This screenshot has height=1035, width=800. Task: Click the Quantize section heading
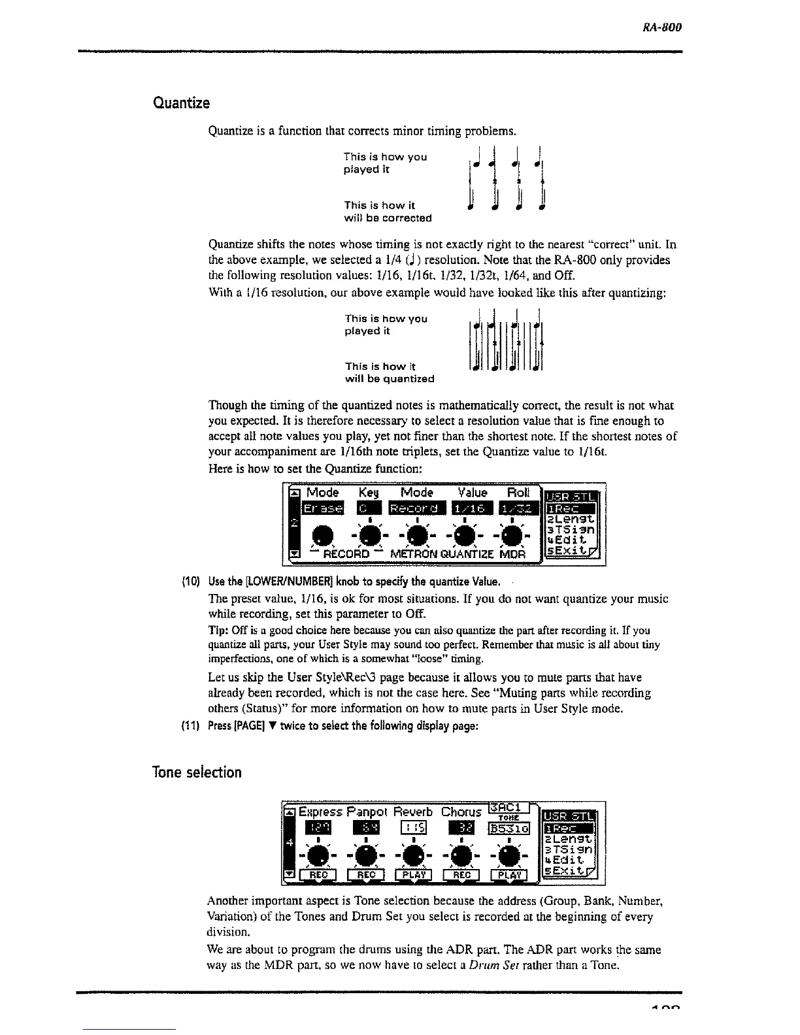point(181,103)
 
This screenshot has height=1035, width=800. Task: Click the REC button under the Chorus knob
point(461,875)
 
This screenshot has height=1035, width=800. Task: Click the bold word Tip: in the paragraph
point(217,631)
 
